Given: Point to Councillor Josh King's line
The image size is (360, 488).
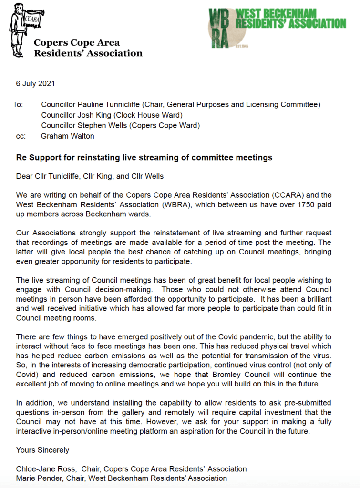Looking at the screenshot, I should (x=112, y=115).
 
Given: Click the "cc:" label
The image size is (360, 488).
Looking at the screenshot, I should (x=21, y=136).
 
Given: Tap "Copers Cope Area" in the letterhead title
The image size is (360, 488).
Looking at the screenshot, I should (x=76, y=43).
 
